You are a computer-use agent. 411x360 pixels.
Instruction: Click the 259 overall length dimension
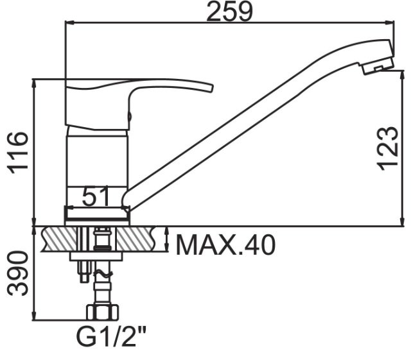(230, 12)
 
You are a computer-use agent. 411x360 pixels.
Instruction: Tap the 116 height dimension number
(18, 153)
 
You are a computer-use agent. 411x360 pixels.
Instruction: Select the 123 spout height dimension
(387, 149)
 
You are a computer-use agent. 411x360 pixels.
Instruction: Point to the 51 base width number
(95, 196)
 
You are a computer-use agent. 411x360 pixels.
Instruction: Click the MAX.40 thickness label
(225, 245)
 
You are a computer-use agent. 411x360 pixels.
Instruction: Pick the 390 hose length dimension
(17, 273)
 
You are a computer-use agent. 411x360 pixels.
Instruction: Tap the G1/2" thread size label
(111, 337)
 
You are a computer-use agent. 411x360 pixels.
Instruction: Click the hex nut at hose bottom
(103, 312)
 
